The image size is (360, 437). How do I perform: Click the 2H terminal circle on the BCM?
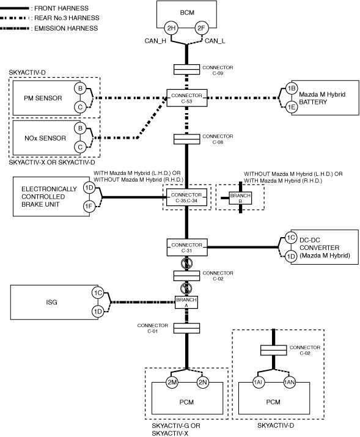[x=171, y=28]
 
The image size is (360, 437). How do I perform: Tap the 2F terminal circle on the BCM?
[x=201, y=28]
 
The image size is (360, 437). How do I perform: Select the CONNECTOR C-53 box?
[x=187, y=98]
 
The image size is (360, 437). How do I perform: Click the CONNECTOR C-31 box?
[x=187, y=248]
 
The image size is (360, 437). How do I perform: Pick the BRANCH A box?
[x=186, y=303]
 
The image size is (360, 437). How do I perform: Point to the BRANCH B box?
[x=240, y=198]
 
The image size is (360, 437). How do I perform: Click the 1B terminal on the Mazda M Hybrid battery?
[x=292, y=89]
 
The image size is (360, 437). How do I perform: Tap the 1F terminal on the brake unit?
[x=89, y=206]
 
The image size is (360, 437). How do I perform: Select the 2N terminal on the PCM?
[x=202, y=382]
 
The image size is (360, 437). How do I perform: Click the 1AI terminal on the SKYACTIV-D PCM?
[x=259, y=382]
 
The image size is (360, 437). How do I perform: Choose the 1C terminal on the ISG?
[x=98, y=293]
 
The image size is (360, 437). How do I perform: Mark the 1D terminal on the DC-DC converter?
[x=291, y=256]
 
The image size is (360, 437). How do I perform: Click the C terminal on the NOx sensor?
[x=80, y=147]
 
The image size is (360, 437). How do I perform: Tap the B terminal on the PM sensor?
[x=80, y=89]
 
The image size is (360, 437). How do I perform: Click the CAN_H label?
[x=155, y=41]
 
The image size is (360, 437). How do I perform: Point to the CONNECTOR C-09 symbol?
[x=186, y=70]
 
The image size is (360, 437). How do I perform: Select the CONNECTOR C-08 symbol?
[x=186, y=139]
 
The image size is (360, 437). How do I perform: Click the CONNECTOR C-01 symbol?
[x=186, y=328]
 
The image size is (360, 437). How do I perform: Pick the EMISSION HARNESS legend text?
[x=66, y=29]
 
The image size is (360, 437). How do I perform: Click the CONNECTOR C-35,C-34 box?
[x=186, y=197]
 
